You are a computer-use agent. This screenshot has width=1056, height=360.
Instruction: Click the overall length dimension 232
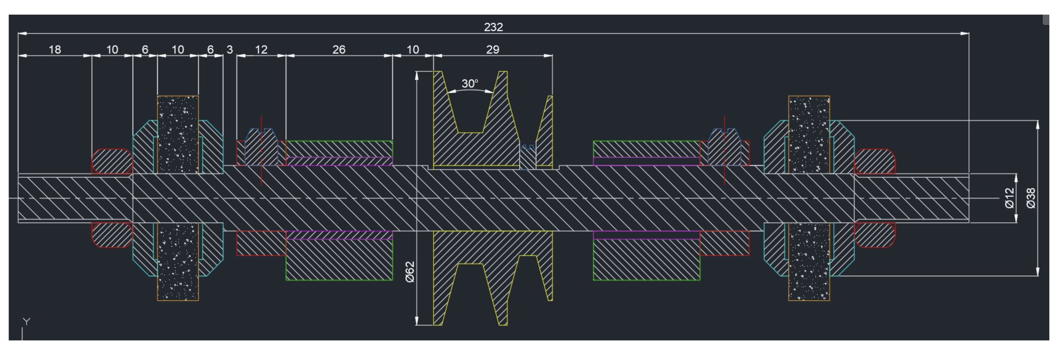pyautogui.click(x=493, y=27)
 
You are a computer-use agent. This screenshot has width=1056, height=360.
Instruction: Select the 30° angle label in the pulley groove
pyautogui.click(x=469, y=84)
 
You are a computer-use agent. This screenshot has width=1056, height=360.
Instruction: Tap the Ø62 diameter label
pyautogui.click(x=410, y=272)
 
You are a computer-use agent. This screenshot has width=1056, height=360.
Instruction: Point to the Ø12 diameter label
pyautogui.click(x=1009, y=198)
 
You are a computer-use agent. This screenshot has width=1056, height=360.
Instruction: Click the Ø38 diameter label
pyautogui.click(x=1031, y=198)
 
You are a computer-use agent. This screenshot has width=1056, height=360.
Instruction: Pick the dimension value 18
pyautogui.click(x=55, y=50)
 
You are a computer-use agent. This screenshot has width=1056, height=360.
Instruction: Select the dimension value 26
pyautogui.click(x=339, y=50)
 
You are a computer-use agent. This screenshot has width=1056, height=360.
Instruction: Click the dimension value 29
pyautogui.click(x=492, y=50)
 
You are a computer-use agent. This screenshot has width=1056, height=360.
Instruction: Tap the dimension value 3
pyautogui.click(x=230, y=50)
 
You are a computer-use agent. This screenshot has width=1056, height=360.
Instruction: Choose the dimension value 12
pyautogui.click(x=261, y=50)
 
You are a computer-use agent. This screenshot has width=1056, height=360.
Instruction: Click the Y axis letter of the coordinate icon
pyautogui.click(x=27, y=321)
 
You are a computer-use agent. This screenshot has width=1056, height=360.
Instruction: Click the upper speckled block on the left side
pyautogui.click(x=178, y=134)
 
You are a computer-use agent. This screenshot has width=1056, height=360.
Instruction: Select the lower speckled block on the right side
pyautogui.click(x=809, y=262)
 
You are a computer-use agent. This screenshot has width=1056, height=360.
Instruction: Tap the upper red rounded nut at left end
pyautogui.click(x=112, y=161)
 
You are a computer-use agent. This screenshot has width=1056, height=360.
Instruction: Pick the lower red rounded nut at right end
pyautogui.click(x=875, y=235)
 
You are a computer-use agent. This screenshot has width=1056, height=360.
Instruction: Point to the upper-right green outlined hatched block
pyautogui.click(x=646, y=149)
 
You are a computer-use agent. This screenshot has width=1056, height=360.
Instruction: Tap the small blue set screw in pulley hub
pyautogui.click(x=528, y=157)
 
